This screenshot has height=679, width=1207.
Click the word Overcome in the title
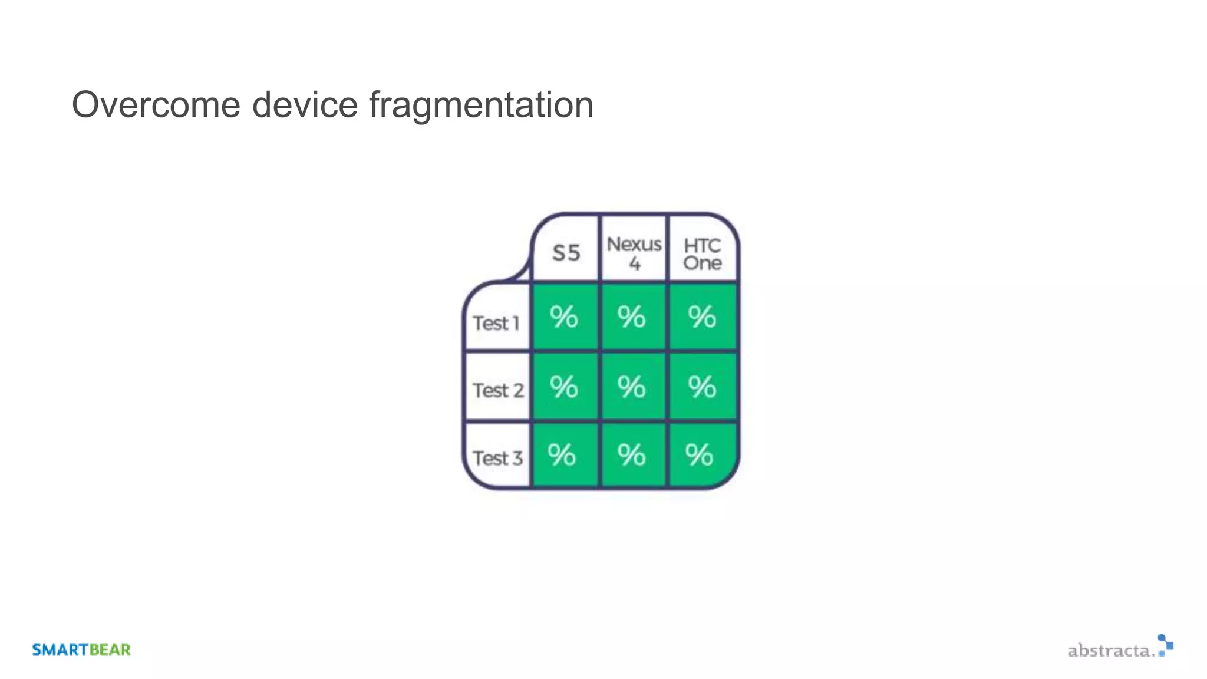[156, 105]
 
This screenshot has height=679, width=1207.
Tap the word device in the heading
[305, 105]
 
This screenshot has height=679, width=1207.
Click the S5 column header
[566, 252]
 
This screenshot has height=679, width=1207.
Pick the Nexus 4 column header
[634, 252]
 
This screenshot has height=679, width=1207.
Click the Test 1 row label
[497, 323]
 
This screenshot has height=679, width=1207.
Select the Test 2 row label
[498, 390]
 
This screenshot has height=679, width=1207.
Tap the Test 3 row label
[498, 458]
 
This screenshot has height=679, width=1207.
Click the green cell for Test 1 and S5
[565, 317]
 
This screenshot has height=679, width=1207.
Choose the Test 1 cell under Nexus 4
[633, 317]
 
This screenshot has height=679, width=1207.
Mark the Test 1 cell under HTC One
[703, 317]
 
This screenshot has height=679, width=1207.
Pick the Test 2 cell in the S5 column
[565, 387]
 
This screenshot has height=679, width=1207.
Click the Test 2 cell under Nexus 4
[633, 387]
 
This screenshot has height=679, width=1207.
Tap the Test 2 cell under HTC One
[703, 387]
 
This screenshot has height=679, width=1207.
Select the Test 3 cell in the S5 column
[563, 455]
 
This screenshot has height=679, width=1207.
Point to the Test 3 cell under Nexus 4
[633, 455]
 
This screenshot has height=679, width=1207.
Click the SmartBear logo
[81, 650]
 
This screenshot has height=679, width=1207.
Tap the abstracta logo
[1120, 647]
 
